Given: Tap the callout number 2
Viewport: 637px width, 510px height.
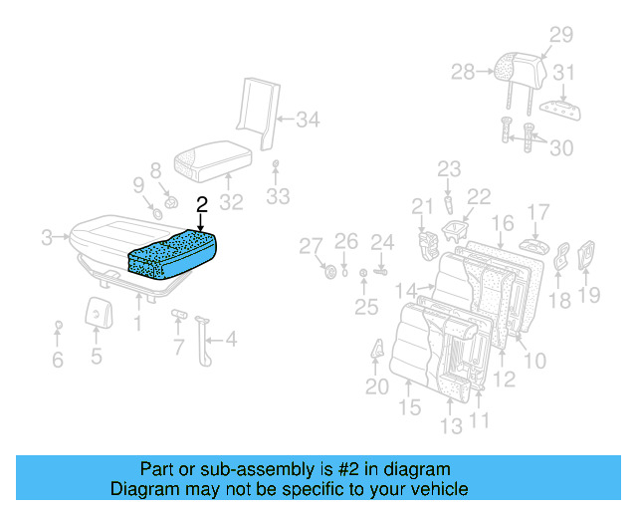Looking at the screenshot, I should (x=202, y=205).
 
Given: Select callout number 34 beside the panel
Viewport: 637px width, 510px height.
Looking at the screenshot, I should (x=308, y=122).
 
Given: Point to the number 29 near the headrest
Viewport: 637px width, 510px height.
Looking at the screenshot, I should (x=561, y=36).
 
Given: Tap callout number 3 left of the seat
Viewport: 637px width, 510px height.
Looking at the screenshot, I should (x=47, y=238).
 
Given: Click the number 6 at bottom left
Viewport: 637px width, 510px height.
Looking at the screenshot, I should (x=58, y=360).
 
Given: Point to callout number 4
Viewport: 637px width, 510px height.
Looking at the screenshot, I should (x=230, y=340).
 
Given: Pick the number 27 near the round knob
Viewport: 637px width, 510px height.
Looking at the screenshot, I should (x=312, y=246).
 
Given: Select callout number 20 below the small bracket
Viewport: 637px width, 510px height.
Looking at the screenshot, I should (x=375, y=386).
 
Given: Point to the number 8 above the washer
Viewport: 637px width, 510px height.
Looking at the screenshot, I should (x=155, y=170).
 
